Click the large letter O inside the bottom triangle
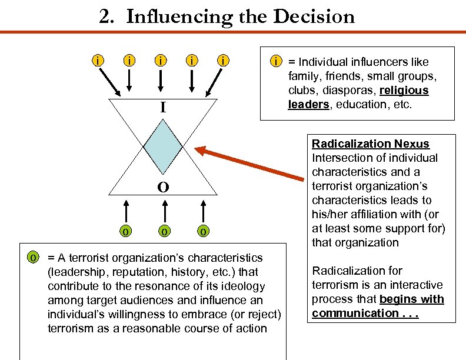(x=164, y=187)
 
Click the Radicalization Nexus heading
(x=370, y=144)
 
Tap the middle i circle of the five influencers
(x=160, y=60)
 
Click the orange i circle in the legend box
(x=274, y=61)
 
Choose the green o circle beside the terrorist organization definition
(x=34, y=258)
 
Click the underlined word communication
(x=355, y=313)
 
